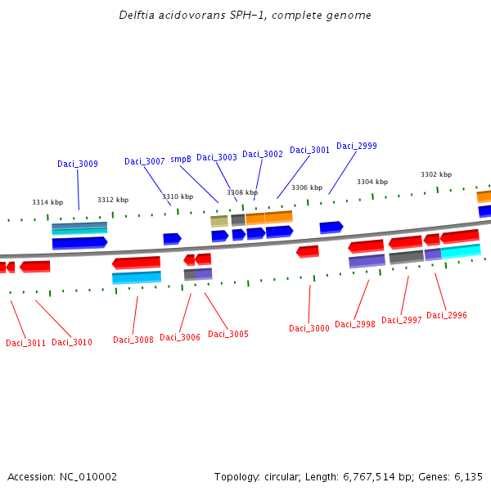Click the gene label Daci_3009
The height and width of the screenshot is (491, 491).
(78, 164)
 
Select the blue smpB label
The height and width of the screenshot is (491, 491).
(181, 160)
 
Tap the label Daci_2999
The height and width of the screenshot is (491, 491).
(357, 146)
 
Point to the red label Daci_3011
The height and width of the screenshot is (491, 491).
(25, 343)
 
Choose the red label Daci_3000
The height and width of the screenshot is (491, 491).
(309, 329)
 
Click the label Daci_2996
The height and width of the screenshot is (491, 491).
(447, 316)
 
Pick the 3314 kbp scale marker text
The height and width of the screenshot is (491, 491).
(47, 202)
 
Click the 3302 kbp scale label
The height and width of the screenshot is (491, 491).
(436, 174)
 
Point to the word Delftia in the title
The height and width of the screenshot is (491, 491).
(136, 16)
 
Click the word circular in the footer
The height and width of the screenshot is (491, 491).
(285, 476)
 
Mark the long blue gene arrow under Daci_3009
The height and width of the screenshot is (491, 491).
(79, 243)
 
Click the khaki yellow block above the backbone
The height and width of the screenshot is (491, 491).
(219, 221)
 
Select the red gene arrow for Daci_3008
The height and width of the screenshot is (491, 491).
(137, 263)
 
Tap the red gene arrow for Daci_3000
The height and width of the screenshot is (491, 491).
(308, 251)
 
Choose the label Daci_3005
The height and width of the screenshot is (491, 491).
(228, 334)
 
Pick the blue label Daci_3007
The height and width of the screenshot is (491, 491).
(145, 161)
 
